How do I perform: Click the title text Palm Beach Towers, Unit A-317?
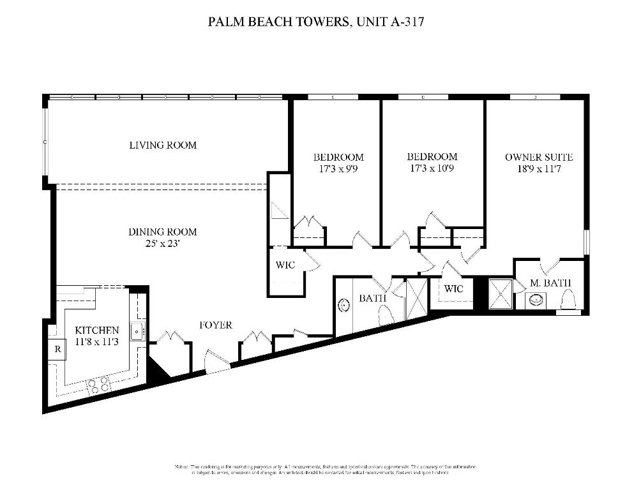317,22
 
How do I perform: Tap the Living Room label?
163,145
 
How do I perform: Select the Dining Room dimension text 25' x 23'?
162,243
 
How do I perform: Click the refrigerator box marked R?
57,349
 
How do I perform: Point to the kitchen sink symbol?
137,331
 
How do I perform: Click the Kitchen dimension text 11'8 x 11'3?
96,342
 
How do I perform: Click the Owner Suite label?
538,157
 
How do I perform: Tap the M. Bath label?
550,283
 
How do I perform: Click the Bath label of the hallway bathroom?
370,298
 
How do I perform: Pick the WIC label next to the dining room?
285,265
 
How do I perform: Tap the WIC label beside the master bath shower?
453,288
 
